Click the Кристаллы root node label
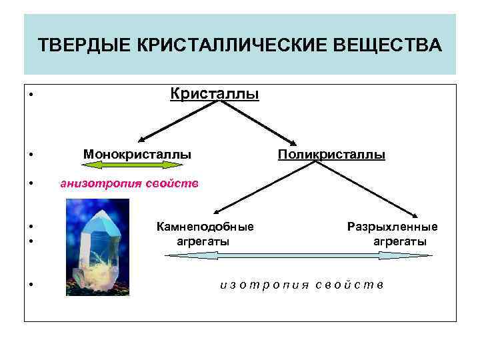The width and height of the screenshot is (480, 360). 215,94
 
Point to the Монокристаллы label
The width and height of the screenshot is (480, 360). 137,155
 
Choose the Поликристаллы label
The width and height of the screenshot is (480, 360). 331,155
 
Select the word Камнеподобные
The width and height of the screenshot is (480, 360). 205,227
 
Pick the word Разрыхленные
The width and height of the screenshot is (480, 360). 393,227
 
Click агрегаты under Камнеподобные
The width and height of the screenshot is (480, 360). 203,241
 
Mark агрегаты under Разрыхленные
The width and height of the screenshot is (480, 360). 400,241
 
